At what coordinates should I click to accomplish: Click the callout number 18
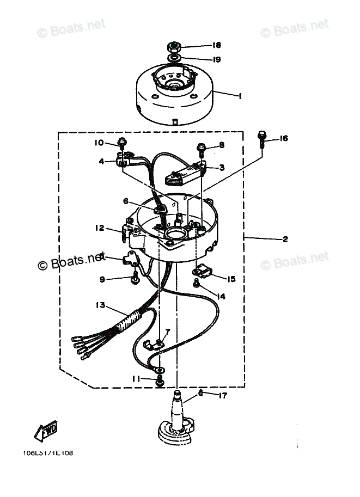[x=217, y=45]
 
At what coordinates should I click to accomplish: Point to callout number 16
[x=283, y=139]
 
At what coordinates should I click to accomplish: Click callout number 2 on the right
[x=285, y=239]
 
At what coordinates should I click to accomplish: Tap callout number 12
[x=99, y=229]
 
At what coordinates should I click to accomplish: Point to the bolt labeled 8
[x=202, y=146]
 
